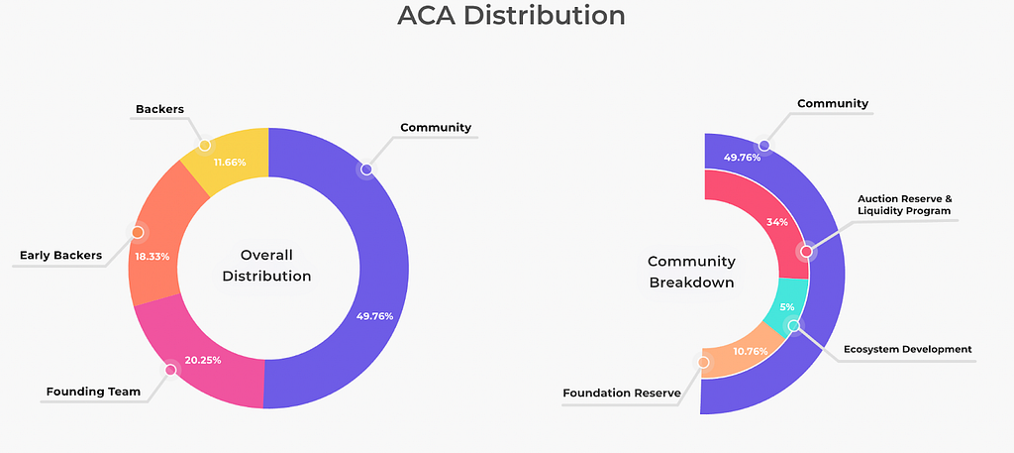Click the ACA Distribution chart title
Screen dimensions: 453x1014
[511, 17]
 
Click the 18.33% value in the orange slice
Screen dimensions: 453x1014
[152, 257]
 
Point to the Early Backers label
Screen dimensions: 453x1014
[61, 256]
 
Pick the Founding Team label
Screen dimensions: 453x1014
[93, 392]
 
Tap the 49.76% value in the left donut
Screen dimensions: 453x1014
[374, 316]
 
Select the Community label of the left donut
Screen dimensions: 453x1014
[436, 128]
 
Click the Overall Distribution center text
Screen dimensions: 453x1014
[267, 265]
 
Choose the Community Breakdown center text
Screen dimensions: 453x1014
[691, 272]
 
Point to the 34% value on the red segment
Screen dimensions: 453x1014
[777, 222]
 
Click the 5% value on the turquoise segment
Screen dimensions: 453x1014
[786, 307]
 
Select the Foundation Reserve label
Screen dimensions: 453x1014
[622, 394]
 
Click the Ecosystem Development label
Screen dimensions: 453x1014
[907, 349]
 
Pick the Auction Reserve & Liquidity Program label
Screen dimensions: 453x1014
[903, 204]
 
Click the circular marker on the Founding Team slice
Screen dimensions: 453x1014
[170, 370]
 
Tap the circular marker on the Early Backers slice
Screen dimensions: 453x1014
[138, 233]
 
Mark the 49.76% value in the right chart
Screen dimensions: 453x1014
[742, 158]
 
